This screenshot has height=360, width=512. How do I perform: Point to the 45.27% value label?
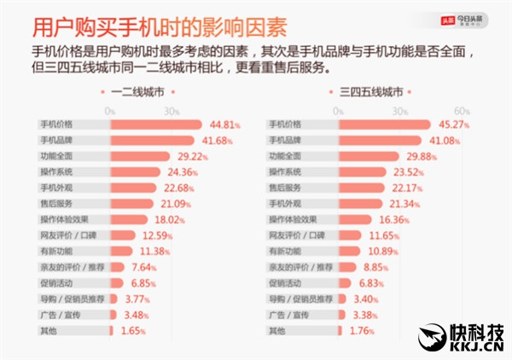455,125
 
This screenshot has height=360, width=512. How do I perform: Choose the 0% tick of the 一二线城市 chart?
110,110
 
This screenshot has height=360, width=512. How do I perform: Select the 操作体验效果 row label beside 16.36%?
292,218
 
